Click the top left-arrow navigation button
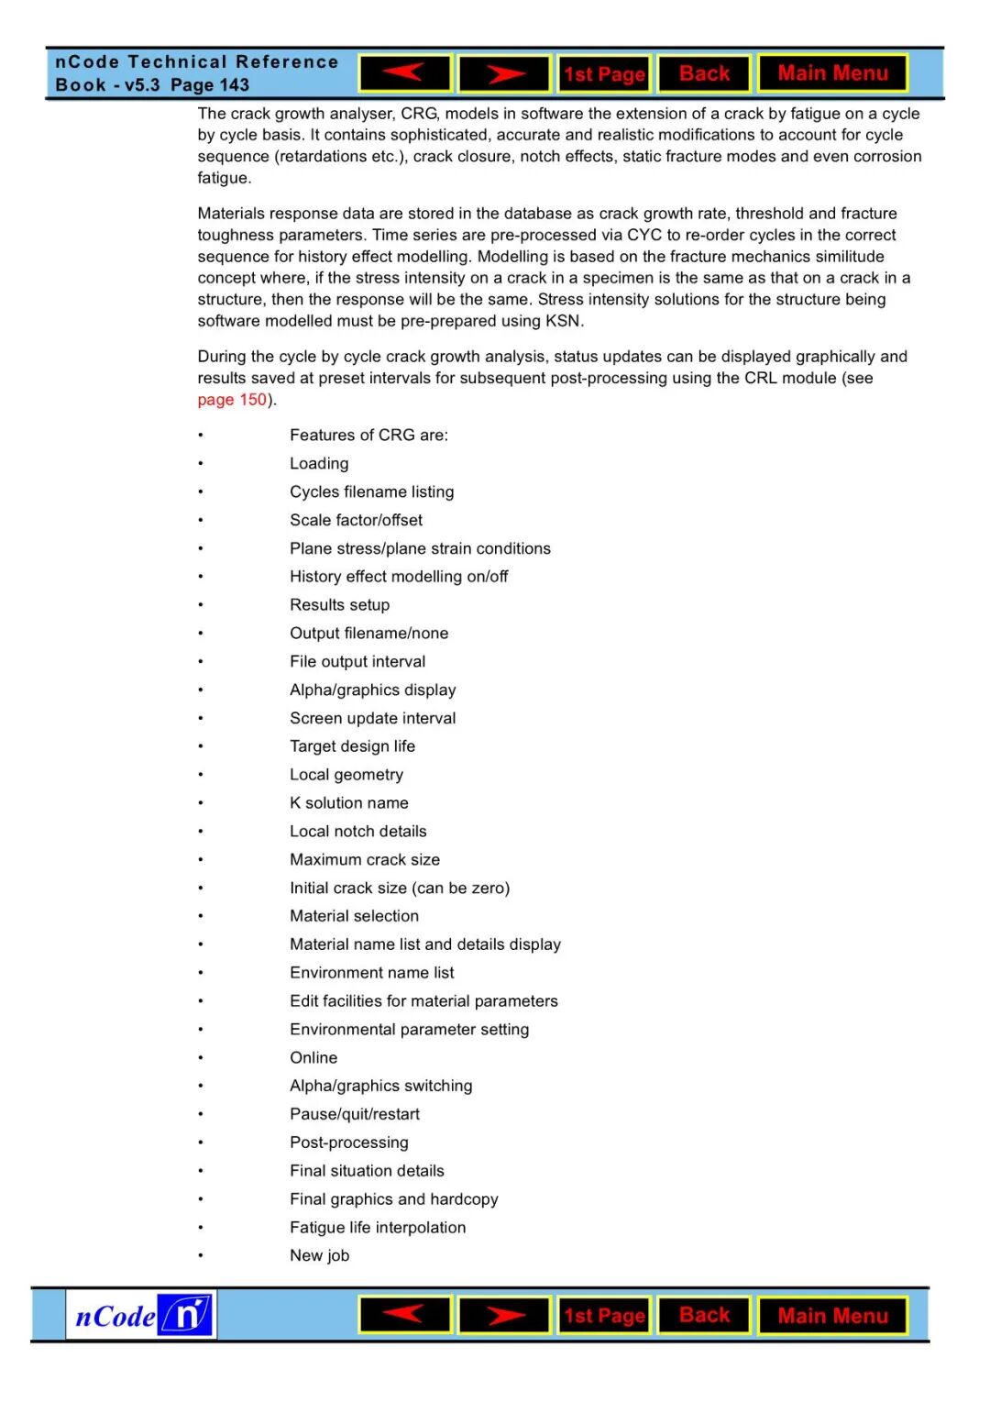click(x=404, y=73)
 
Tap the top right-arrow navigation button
click(x=504, y=73)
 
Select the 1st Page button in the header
click(x=604, y=74)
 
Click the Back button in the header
click(x=704, y=73)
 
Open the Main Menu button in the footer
click(x=832, y=1316)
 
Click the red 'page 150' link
click(x=232, y=400)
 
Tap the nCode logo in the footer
click(x=141, y=1316)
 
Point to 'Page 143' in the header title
click(x=210, y=85)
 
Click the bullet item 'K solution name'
click(x=348, y=803)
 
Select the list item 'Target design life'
click(x=352, y=746)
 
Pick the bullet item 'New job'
click(x=319, y=1255)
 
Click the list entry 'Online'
click(x=313, y=1057)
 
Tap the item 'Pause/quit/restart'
click(x=355, y=1114)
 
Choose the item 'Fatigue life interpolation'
click(x=378, y=1227)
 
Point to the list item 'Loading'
click(x=319, y=464)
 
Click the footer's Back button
click(x=704, y=1315)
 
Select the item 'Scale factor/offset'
click(x=356, y=520)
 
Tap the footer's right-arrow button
click(x=504, y=1316)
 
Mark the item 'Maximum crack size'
click(x=365, y=859)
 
